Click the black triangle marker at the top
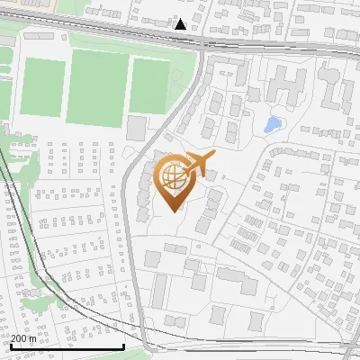(181, 24)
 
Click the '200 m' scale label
(24, 338)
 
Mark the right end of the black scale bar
(123, 346)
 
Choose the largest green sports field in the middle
(96, 86)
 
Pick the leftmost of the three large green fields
(40, 85)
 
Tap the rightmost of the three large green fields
(149, 86)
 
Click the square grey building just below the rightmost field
(136, 128)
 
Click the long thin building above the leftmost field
(38, 36)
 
